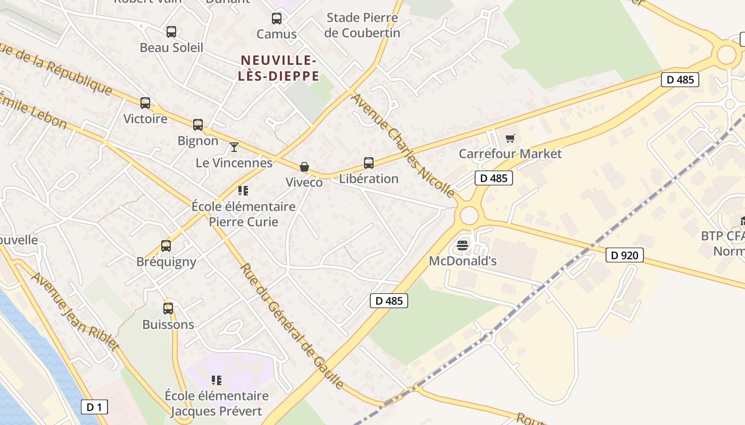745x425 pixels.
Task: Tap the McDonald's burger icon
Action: pos(462,245)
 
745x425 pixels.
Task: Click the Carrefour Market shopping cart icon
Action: pos(510,139)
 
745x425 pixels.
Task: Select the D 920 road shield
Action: pos(624,256)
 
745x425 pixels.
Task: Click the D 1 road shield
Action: pos(94,407)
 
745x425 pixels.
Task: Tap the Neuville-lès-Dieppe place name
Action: pos(279,68)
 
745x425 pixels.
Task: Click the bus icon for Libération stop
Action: pos(369,163)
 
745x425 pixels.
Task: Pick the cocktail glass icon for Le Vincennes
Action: pos(234,147)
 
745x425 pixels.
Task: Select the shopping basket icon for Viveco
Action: pos(304,167)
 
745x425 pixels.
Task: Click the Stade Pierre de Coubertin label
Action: pos(362,25)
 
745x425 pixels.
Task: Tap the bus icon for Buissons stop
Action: pos(168,308)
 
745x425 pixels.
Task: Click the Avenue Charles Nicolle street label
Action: pos(403,145)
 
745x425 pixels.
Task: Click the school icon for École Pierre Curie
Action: pos(243,190)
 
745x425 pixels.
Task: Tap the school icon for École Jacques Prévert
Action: pos(216,380)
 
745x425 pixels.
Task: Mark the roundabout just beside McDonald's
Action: pos(469,216)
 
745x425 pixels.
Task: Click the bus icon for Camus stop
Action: pos(277,19)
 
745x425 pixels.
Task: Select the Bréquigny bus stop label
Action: pos(166,261)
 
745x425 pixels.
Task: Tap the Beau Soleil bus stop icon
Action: pos(171,32)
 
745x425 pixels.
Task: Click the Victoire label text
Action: pos(145,118)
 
